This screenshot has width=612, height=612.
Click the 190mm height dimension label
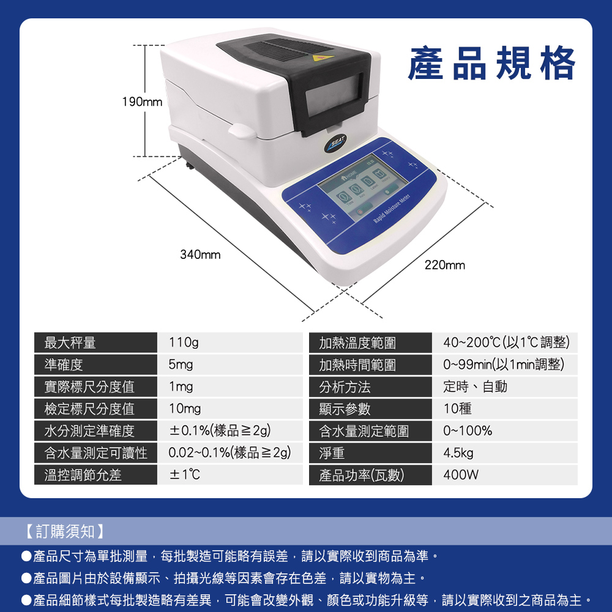point(142,102)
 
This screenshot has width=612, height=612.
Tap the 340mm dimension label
point(200,255)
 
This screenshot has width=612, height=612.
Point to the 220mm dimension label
point(445,265)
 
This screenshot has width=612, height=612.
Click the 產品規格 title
point(491,62)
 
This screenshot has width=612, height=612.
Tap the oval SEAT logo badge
point(335,143)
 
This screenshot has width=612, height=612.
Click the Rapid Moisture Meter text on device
point(392,208)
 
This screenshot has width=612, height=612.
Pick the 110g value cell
point(184,342)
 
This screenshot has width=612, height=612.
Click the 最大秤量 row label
point(70,343)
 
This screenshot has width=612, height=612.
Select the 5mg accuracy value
point(181,365)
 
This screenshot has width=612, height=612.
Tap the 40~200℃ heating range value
point(506,342)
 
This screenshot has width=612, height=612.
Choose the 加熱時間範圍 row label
point(357,365)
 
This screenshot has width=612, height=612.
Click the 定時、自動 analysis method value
point(475,387)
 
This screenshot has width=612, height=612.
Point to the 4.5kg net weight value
point(458,453)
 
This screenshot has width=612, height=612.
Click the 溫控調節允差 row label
point(83,475)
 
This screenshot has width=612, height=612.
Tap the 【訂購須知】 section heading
point(65,531)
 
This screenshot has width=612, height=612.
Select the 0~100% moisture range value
point(468,431)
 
